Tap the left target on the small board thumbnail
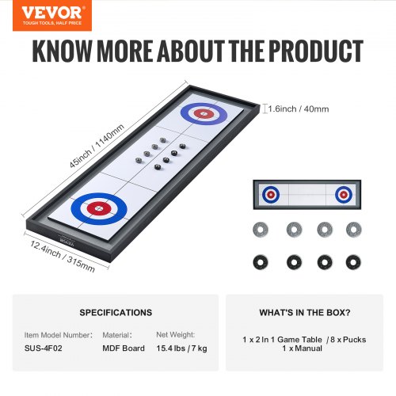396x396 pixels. point(271,194)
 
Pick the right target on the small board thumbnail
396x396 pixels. point(343,194)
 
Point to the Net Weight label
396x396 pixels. point(176,336)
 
